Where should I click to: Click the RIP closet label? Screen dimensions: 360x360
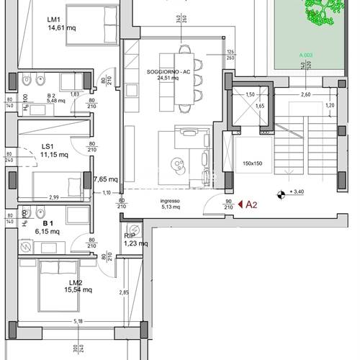(x=130, y=235)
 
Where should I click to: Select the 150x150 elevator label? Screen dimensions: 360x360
(x=253, y=163)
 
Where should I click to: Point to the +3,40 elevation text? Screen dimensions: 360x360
(x=297, y=193)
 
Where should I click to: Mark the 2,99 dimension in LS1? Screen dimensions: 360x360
(x=54, y=196)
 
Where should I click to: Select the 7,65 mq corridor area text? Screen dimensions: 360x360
(x=105, y=180)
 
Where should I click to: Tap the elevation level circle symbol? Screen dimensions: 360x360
(x=280, y=193)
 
